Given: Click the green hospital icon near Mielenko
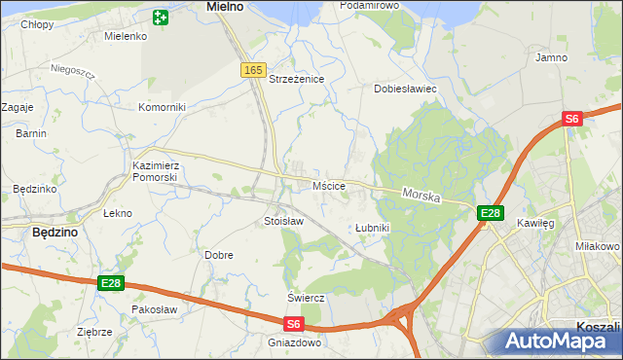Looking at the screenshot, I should [x=161, y=17].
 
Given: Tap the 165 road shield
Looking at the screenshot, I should [x=253, y=69].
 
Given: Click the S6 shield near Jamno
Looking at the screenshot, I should [x=572, y=119].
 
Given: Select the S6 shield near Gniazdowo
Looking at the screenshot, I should [x=295, y=324].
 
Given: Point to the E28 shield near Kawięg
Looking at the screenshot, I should [x=490, y=214].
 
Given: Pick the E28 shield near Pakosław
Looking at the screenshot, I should [x=111, y=283].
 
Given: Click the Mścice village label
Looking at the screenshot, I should [x=329, y=185].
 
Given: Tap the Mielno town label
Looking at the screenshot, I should [x=225, y=6].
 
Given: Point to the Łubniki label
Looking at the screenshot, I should [x=372, y=228].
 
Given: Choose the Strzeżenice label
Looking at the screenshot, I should [x=296, y=79].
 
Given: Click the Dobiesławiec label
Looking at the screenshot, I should [x=405, y=89].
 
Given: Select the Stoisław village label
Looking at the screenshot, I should [x=284, y=222].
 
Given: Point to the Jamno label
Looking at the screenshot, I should [x=551, y=58].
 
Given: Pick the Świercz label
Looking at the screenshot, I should [x=305, y=297].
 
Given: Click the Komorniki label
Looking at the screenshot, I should [x=162, y=107].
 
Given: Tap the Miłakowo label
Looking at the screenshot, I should [x=599, y=246].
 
